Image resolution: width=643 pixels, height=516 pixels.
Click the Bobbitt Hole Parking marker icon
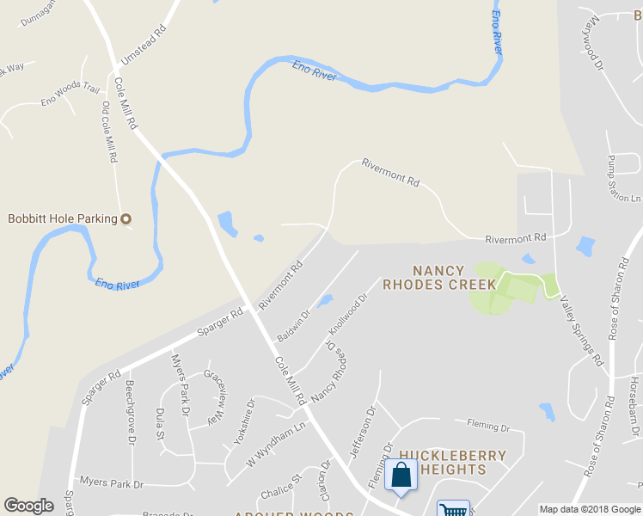point(126,218)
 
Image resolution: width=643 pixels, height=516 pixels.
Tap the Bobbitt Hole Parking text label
point(62,218)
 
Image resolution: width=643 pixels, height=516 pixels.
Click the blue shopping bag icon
point(401,476)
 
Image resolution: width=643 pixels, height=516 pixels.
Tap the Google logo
point(28,506)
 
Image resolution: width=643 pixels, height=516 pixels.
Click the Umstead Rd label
point(144,48)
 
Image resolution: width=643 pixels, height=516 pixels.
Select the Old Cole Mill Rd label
point(109,133)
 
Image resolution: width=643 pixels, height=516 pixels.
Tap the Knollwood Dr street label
point(347,316)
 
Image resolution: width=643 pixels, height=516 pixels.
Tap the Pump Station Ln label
point(624,179)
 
